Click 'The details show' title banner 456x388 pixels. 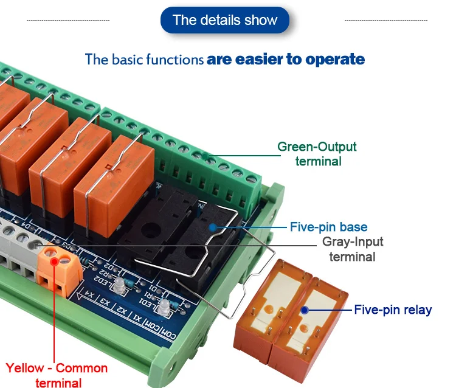point(224,20)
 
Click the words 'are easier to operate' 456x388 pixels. point(286,60)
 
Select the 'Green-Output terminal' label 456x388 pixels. point(317,154)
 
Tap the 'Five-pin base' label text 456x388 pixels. point(328,227)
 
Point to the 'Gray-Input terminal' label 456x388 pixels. point(353,249)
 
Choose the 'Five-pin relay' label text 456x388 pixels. point(393,310)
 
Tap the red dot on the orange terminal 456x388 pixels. point(55,262)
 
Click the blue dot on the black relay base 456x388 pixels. point(212,227)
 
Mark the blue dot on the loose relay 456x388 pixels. point(304,310)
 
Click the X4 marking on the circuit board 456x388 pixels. point(90,295)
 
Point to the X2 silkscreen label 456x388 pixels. point(122,310)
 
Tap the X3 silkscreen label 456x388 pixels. point(106,302)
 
